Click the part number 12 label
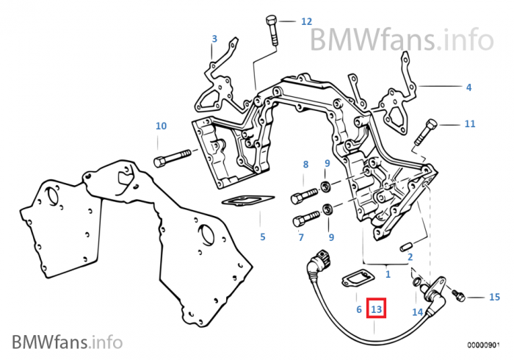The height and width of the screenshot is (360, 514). click(306, 22)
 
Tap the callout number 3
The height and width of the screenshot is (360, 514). click(214, 39)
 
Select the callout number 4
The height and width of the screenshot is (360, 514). click(468, 87)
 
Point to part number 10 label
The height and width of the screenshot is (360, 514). click(161, 126)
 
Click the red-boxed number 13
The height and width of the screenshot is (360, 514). click(377, 309)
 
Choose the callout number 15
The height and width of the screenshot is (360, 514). click(494, 297)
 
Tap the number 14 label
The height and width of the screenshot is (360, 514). click(417, 312)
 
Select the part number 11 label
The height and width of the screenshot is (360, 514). click(470, 123)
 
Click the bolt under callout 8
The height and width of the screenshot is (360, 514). click(305, 196)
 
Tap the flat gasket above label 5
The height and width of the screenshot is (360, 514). click(248, 201)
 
